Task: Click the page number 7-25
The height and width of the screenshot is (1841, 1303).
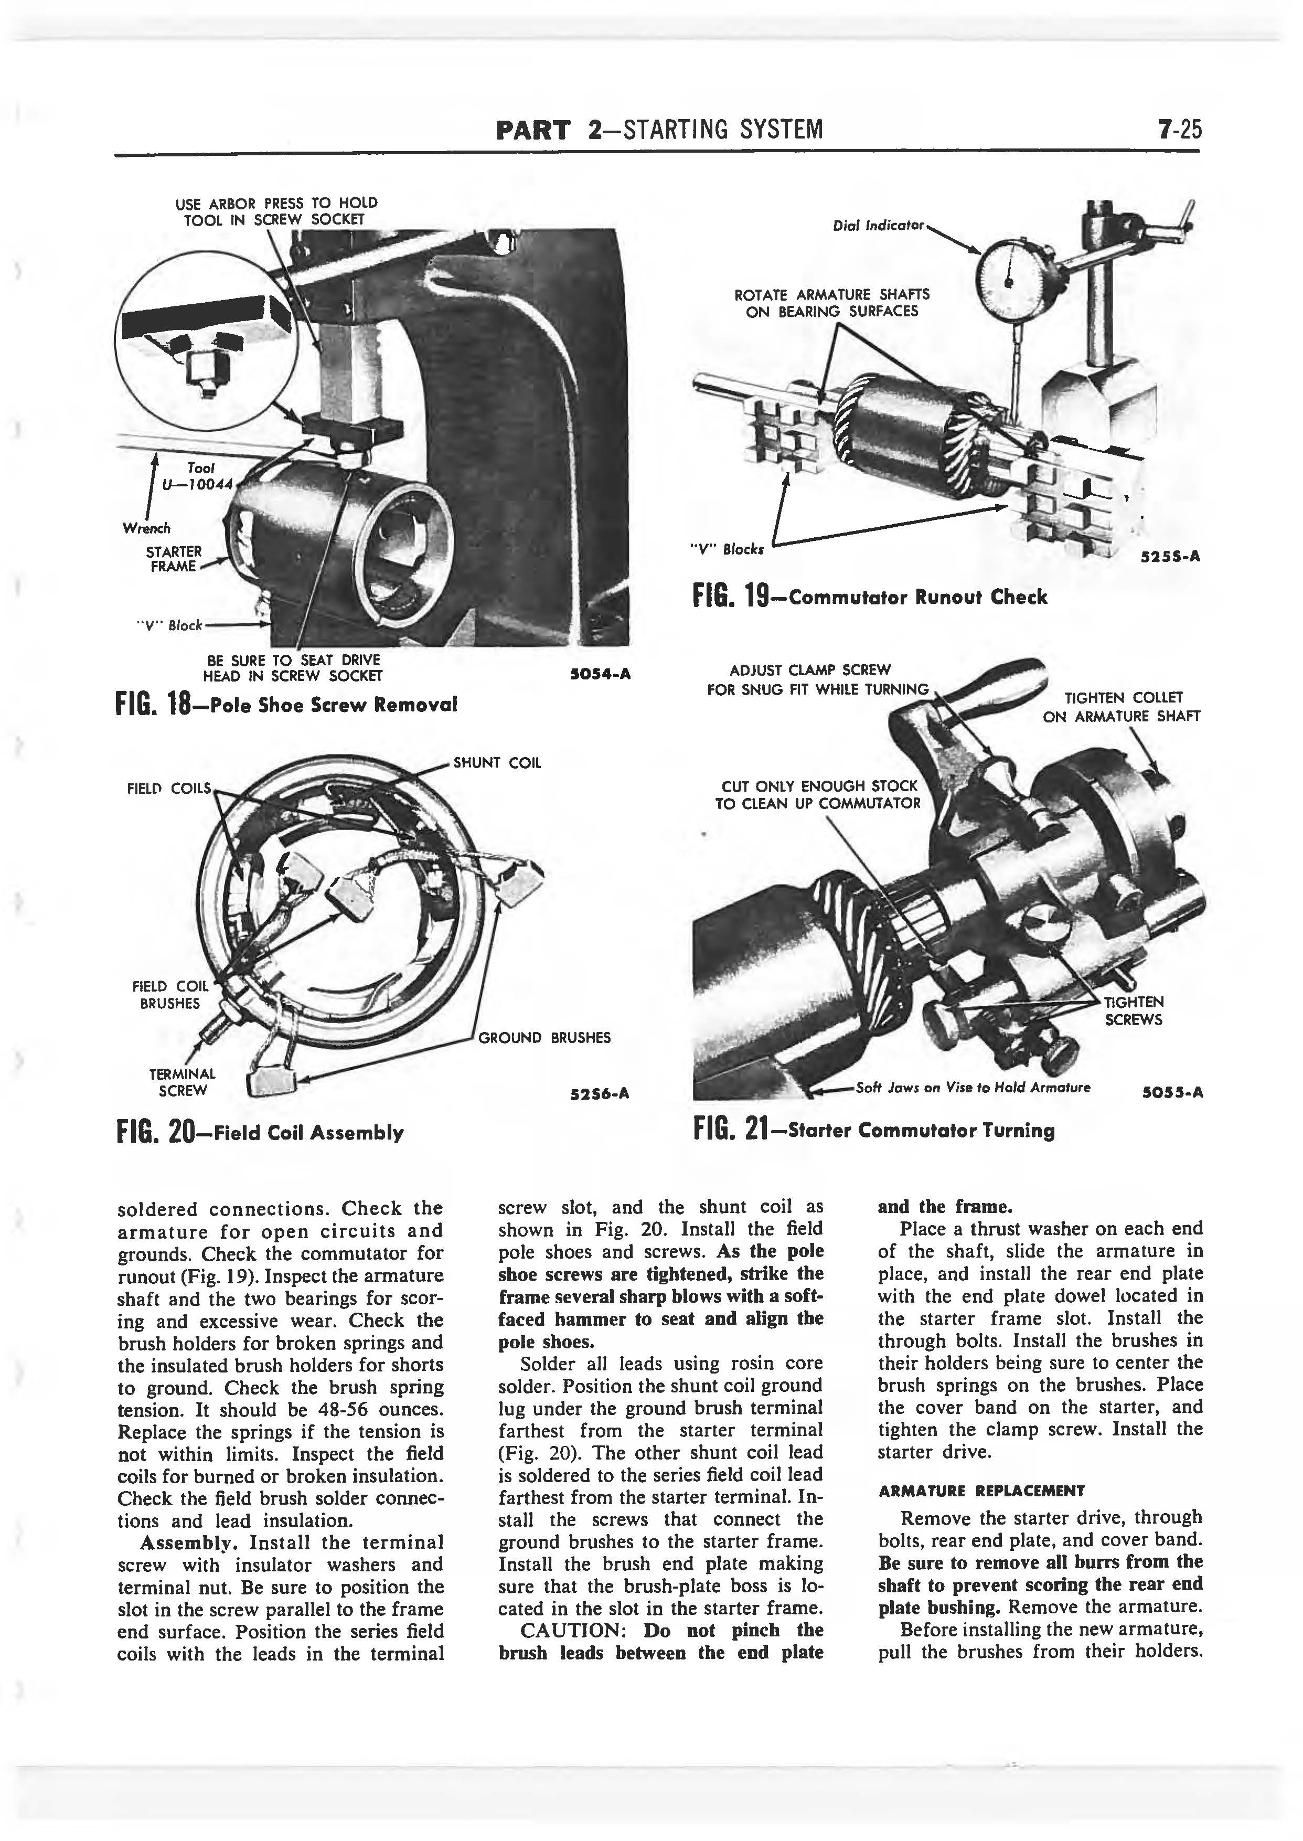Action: pyautogui.click(x=1174, y=129)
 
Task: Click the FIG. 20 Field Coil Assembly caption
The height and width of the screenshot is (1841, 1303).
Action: pyautogui.click(x=260, y=1132)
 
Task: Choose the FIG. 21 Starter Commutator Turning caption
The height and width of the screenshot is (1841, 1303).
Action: pyautogui.click(x=874, y=1131)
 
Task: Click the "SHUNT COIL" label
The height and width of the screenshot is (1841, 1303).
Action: pyautogui.click(x=497, y=762)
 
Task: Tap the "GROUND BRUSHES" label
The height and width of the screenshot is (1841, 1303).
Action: pyautogui.click(x=544, y=1038)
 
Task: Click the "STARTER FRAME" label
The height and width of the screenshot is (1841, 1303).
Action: pyautogui.click(x=173, y=559)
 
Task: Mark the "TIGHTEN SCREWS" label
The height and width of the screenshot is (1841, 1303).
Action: pyautogui.click(x=1133, y=1010)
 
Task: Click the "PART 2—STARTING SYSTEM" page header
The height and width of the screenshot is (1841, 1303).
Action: pyautogui.click(x=659, y=129)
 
